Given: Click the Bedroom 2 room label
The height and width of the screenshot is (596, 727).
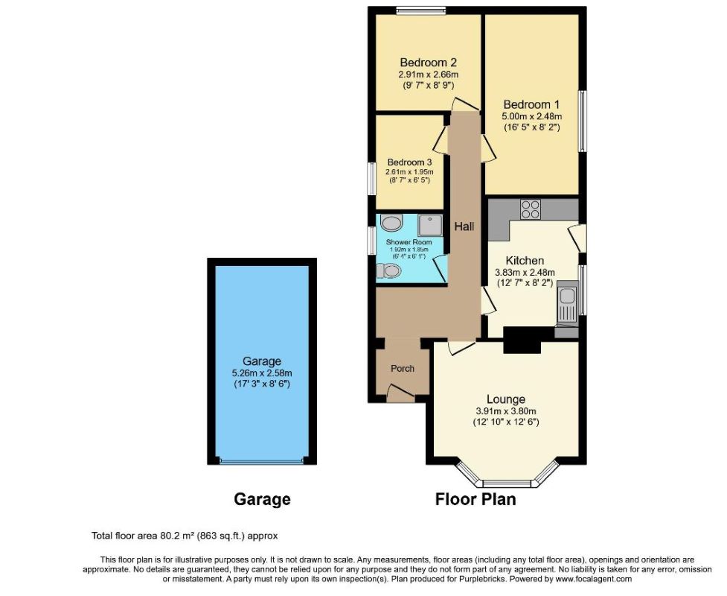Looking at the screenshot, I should click(x=428, y=63).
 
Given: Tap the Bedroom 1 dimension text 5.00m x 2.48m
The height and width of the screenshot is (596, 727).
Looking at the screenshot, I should click(x=531, y=116).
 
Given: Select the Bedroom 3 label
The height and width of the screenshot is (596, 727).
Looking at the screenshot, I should click(x=409, y=162).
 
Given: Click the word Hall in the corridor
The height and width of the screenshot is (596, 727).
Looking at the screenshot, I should click(x=464, y=226).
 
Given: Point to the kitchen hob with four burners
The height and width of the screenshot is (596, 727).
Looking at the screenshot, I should click(x=531, y=209).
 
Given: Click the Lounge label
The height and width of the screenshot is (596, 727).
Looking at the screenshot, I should click(x=505, y=399).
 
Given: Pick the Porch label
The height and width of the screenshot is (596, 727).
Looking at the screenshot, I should click(x=403, y=369).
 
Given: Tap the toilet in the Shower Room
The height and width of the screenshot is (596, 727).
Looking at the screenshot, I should click(x=389, y=272).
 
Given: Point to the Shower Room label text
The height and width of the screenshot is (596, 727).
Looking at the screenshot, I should click(x=409, y=243).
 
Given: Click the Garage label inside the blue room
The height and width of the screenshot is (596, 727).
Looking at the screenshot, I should click(x=261, y=362).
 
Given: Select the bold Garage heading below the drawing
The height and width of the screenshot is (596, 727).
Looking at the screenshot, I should click(x=262, y=499).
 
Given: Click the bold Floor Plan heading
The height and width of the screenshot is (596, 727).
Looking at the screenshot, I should click(x=475, y=499).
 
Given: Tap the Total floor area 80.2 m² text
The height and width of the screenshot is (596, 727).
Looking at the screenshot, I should click(x=185, y=536).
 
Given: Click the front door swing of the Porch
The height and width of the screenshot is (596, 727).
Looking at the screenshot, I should click(x=400, y=393).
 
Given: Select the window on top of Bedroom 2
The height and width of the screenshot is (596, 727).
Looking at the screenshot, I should click(x=420, y=10).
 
